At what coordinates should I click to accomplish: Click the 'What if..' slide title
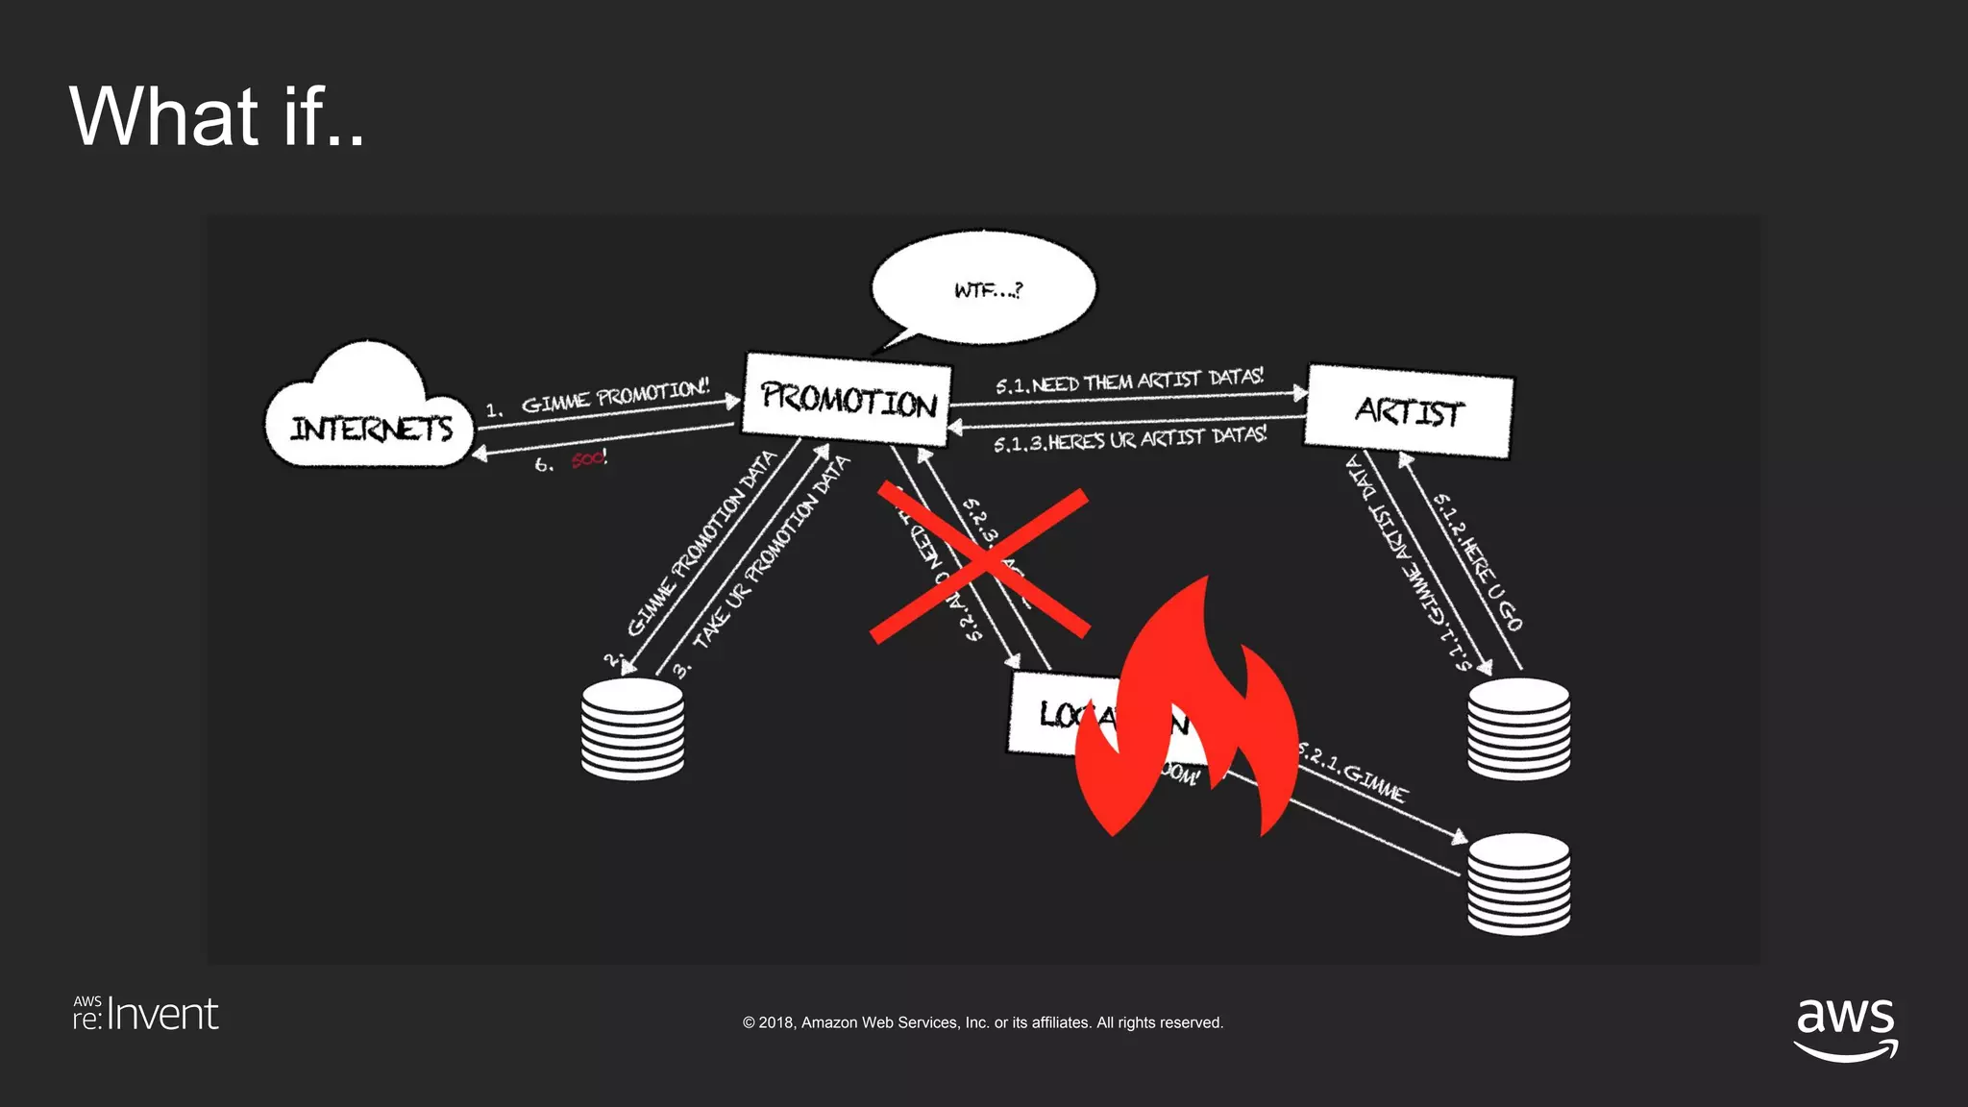217,116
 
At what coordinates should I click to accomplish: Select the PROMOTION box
848,399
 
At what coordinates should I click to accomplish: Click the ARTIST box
1408,412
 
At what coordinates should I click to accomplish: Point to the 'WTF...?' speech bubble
984,287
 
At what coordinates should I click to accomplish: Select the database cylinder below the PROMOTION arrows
632,727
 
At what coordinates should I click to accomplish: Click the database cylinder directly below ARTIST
1518,727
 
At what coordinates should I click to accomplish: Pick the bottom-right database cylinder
1518,883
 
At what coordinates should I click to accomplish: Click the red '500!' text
588,459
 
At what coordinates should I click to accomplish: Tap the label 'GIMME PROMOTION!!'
615,396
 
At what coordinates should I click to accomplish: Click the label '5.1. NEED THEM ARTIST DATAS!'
1129,381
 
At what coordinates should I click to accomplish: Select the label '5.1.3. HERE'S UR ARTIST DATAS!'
1130,440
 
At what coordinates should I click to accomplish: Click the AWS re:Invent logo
146,1014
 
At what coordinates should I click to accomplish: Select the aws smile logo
1845,1028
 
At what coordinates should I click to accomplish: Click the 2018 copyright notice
982,1022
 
